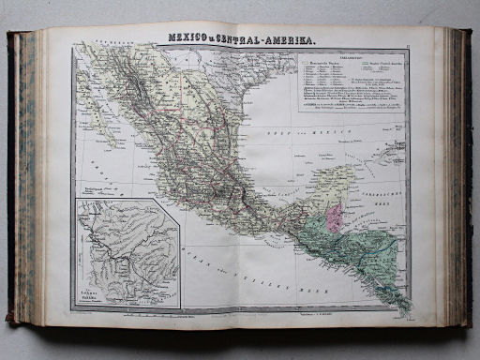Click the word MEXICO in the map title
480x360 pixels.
pyautogui.click(x=187, y=38)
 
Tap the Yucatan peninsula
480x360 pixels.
pyautogui.click(x=334, y=183)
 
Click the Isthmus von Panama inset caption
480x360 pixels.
pyautogui.click(x=94, y=296)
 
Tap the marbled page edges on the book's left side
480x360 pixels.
pyautogui.click(x=22, y=178)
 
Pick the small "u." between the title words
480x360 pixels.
pyautogui.click(x=217, y=39)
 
